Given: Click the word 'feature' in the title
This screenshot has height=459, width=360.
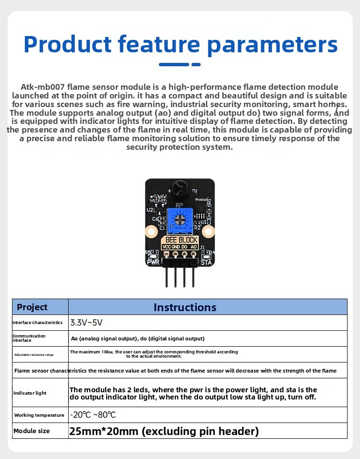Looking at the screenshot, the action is pyautogui.click(x=159, y=44).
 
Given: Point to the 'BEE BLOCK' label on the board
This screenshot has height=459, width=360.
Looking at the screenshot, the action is pyautogui.click(x=181, y=240).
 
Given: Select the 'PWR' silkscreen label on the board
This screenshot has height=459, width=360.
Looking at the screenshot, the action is pyautogui.click(x=153, y=262).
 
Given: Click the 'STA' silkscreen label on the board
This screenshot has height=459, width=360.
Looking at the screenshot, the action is pyautogui.click(x=206, y=262).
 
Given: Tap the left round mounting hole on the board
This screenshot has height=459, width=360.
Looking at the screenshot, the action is pyautogui.click(x=152, y=232).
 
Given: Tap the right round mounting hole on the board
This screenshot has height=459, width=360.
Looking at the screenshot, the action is pyautogui.click(x=208, y=232).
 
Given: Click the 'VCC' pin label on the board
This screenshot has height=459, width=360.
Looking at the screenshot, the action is pyautogui.click(x=167, y=247).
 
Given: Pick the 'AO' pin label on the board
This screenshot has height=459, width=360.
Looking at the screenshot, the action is pyautogui.click(x=194, y=247).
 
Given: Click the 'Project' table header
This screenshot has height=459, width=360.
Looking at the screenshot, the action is pyautogui.click(x=32, y=307).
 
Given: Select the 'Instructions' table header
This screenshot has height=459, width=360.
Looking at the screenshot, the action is pyautogui.click(x=185, y=307).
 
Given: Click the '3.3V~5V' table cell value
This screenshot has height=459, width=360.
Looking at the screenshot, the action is pyautogui.click(x=86, y=323).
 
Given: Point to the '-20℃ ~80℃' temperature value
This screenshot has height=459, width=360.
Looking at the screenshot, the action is pyautogui.click(x=93, y=415).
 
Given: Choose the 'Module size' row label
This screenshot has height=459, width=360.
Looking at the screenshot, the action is pyautogui.click(x=32, y=431).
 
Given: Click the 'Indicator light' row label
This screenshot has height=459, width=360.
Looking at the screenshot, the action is pyautogui.click(x=30, y=393).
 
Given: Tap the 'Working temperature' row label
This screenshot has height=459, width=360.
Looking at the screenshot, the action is pyautogui.click(x=39, y=415).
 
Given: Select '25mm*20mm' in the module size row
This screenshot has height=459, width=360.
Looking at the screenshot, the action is pyautogui.click(x=104, y=431).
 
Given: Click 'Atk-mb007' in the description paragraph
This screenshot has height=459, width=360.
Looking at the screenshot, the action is pyautogui.click(x=42, y=87).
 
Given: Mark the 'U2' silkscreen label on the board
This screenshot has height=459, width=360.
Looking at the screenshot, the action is pyautogui.click(x=150, y=210).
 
